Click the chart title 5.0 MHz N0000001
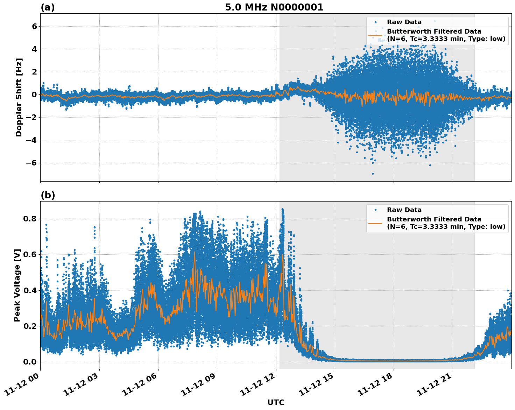[274, 7]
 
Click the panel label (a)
[48, 7]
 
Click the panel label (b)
[48, 195]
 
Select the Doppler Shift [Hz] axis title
[19, 97]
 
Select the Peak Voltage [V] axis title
[17, 285]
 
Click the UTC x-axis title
[276, 402]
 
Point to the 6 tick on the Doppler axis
[34, 26]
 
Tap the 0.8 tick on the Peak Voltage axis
[30, 219]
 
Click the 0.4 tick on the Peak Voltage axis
[30, 290]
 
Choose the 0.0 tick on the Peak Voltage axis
[30, 362]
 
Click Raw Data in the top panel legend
[404, 22]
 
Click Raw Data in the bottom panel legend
[404, 210]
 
